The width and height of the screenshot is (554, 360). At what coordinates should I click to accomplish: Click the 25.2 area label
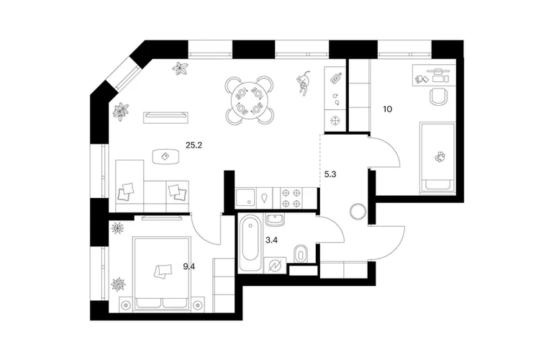click(194, 145)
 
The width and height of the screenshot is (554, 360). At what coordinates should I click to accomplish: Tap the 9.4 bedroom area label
click(189, 266)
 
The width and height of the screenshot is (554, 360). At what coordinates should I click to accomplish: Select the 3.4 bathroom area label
click(271, 240)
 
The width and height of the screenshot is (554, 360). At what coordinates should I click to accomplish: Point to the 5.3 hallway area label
click(330, 174)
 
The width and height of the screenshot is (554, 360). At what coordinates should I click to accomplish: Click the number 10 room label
click(388, 109)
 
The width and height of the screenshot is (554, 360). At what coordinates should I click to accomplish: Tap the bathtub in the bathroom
click(250, 243)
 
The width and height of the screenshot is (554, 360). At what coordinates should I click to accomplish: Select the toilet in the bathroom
click(301, 253)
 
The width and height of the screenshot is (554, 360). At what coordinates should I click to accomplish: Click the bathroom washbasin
click(276, 220)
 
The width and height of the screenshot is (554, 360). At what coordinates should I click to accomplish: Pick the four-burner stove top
click(291, 198)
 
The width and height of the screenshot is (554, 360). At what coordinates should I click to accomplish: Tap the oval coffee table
click(165, 156)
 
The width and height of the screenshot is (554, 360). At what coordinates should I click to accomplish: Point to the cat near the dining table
click(304, 82)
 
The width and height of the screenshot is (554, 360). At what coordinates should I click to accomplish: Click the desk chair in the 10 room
click(438, 96)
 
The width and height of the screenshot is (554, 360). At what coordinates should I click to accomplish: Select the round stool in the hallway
click(358, 212)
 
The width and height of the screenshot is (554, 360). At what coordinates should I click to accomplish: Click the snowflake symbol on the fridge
click(335, 121)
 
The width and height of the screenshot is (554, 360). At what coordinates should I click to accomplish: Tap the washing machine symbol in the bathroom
click(276, 265)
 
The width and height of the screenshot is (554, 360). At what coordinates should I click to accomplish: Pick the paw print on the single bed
click(440, 156)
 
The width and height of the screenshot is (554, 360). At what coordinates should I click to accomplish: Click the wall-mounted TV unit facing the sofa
click(165, 117)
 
